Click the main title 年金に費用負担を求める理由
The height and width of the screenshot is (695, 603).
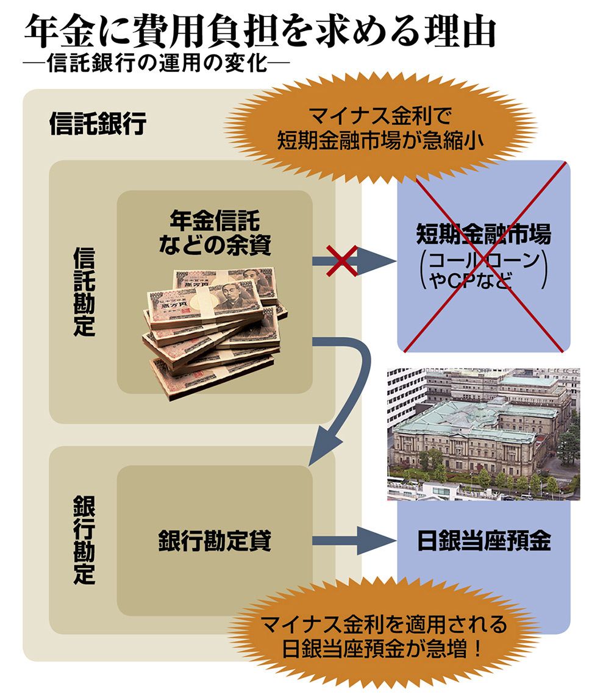[260, 31]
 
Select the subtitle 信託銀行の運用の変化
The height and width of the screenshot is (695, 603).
[157, 63]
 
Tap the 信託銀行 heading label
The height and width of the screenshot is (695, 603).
[98, 123]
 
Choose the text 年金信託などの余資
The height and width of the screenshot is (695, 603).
[215, 233]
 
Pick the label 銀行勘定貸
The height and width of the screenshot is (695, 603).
[215, 541]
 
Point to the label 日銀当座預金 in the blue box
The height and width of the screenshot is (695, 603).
[484, 541]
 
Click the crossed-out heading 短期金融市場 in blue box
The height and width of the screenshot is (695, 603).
[483, 233]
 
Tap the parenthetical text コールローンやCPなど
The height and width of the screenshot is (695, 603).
[483, 270]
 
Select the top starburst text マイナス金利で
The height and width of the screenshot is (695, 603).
[380, 116]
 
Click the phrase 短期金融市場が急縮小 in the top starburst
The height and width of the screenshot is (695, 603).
[380, 140]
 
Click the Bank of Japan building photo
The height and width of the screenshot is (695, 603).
[483, 434]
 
